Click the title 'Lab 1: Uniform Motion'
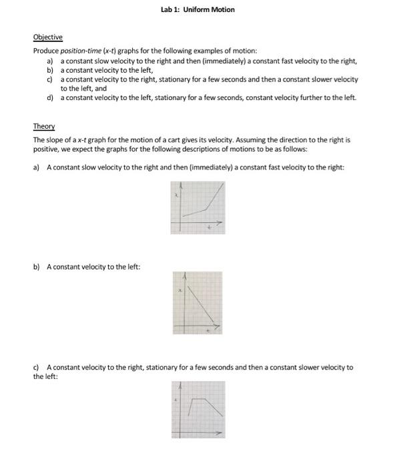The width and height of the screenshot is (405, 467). [x=197, y=9]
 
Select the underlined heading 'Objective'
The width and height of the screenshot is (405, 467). [x=47, y=37]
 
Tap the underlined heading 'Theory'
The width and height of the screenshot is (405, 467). [x=44, y=127]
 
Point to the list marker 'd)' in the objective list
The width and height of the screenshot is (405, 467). [x=50, y=98]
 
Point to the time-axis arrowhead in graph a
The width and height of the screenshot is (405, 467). [x=223, y=222]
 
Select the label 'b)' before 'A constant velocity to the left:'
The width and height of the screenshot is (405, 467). [x=37, y=267]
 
